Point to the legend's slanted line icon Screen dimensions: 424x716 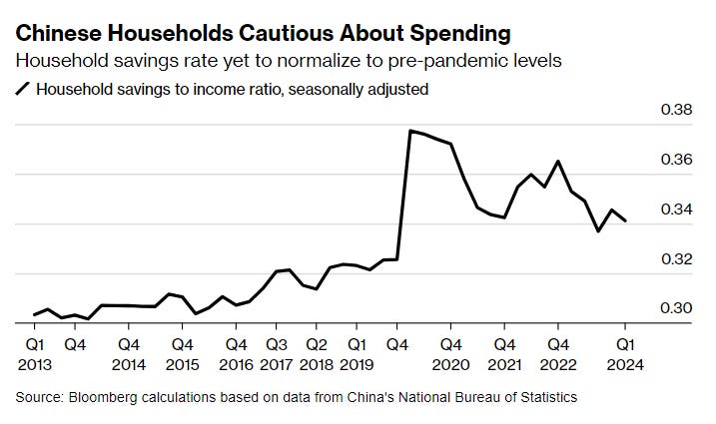[x=23, y=89]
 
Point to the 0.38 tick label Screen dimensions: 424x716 [x=676, y=110]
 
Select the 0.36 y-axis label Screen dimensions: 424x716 [x=676, y=160]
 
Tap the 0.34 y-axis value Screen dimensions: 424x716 [x=676, y=210]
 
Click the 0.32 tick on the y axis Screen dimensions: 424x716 [x=676, y=259]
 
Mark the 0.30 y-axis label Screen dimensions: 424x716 [x=676, y=308]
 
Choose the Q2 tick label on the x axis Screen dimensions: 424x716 [x=316, y=344]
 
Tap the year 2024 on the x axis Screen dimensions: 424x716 [x=625, y=364]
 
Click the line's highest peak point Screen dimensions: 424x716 [x=409, y=131]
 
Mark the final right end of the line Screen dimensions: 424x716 [x=626, y=221]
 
